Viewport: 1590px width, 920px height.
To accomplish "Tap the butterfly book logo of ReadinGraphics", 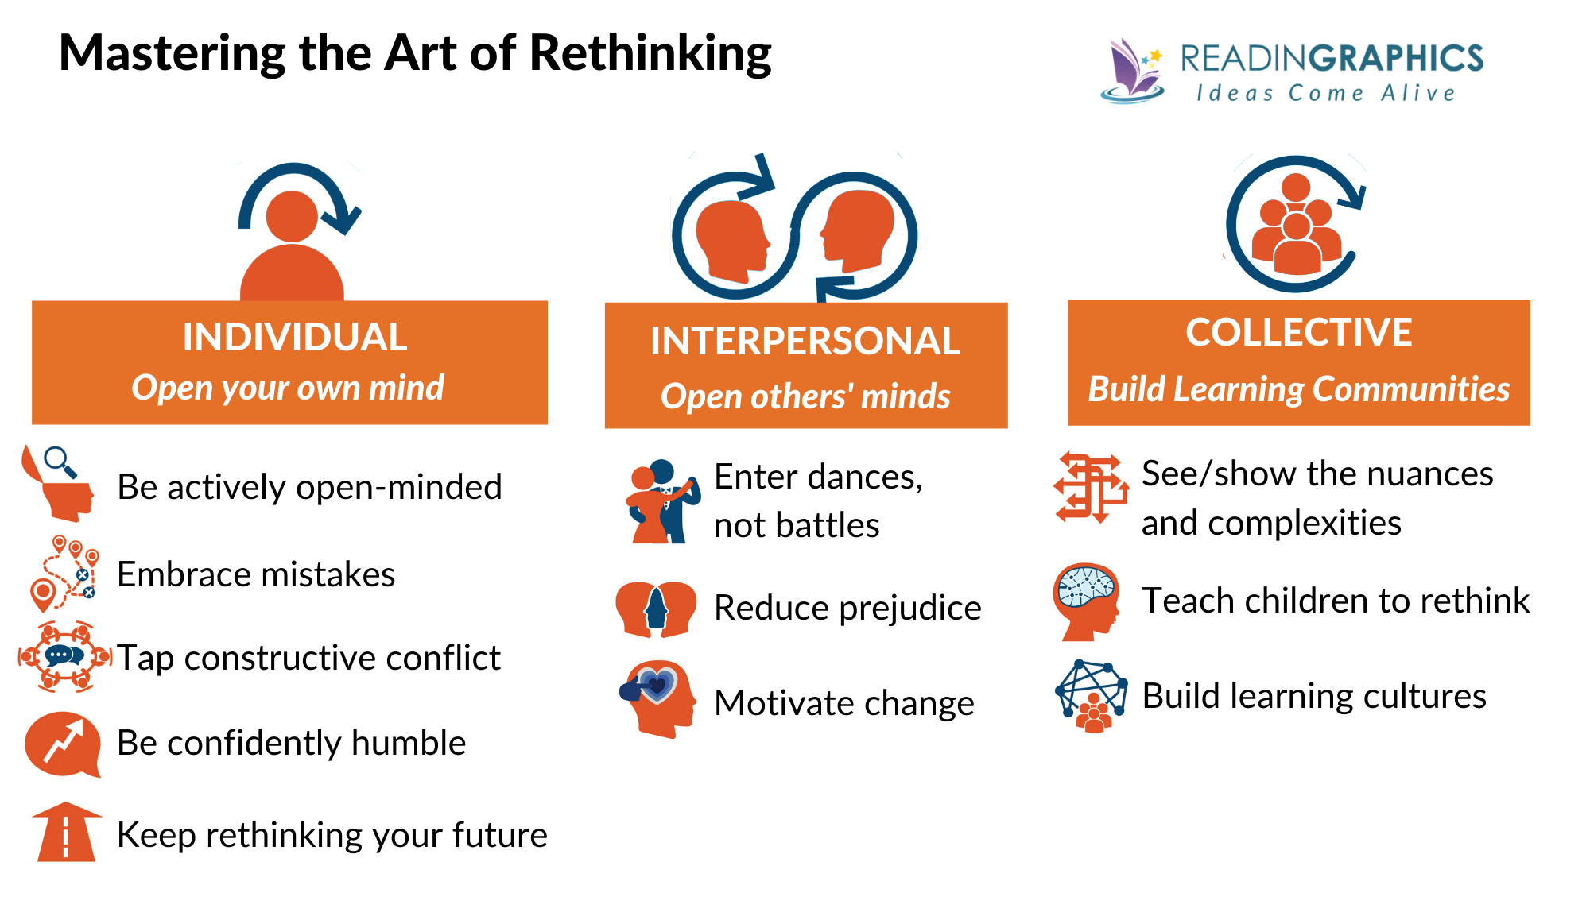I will [1133, 72].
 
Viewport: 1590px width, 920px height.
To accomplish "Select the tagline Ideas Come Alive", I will [1326, 94].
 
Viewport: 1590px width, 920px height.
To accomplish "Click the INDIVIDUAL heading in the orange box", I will [294, 337].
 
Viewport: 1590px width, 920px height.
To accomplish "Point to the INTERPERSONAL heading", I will [805, 342].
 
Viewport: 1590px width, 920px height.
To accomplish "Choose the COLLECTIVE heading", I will [1298, 332].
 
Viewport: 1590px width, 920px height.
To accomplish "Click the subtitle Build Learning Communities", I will [1298, 389].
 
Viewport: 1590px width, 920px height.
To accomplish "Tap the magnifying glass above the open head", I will [59, 461].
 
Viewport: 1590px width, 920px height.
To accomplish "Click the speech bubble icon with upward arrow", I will [63, 744].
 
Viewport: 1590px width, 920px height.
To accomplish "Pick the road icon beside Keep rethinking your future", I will [66, 833].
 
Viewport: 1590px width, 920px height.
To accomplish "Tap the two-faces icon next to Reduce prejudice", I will [656, 609].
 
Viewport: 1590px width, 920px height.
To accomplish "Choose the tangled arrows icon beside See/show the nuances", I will [1090, 487].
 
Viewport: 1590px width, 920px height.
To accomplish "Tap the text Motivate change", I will [843, 703].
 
